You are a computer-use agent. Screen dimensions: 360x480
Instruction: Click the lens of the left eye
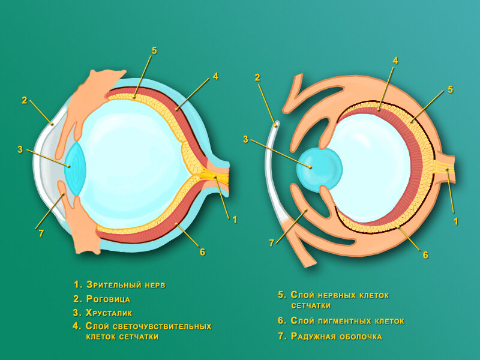[76, 167]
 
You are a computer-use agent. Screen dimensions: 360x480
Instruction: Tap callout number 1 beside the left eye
[235, 220]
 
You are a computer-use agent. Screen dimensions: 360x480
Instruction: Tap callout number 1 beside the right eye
[456, 221]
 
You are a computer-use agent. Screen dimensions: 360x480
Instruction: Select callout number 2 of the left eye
[25, 100]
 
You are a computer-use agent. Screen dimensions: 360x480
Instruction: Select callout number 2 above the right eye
[257, 77]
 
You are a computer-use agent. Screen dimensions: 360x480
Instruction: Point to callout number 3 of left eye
[20, 149]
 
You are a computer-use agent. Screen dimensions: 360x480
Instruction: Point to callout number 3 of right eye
[245, 139]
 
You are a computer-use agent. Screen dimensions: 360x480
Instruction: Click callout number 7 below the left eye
[41, 233]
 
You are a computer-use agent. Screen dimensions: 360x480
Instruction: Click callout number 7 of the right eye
[272, 243]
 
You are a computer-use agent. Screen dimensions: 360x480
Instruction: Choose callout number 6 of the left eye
[202, 252]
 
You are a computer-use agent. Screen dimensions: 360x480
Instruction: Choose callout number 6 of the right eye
[425, 254]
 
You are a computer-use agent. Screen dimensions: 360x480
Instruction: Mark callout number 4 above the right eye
[395, 61]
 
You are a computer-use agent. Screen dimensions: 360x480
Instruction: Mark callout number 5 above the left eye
[154, 51]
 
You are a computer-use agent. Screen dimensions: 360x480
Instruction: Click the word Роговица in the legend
[109, 298]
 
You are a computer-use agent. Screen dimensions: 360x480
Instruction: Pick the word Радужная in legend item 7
[313, 337]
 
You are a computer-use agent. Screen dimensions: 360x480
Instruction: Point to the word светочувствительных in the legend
[160, 326]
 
